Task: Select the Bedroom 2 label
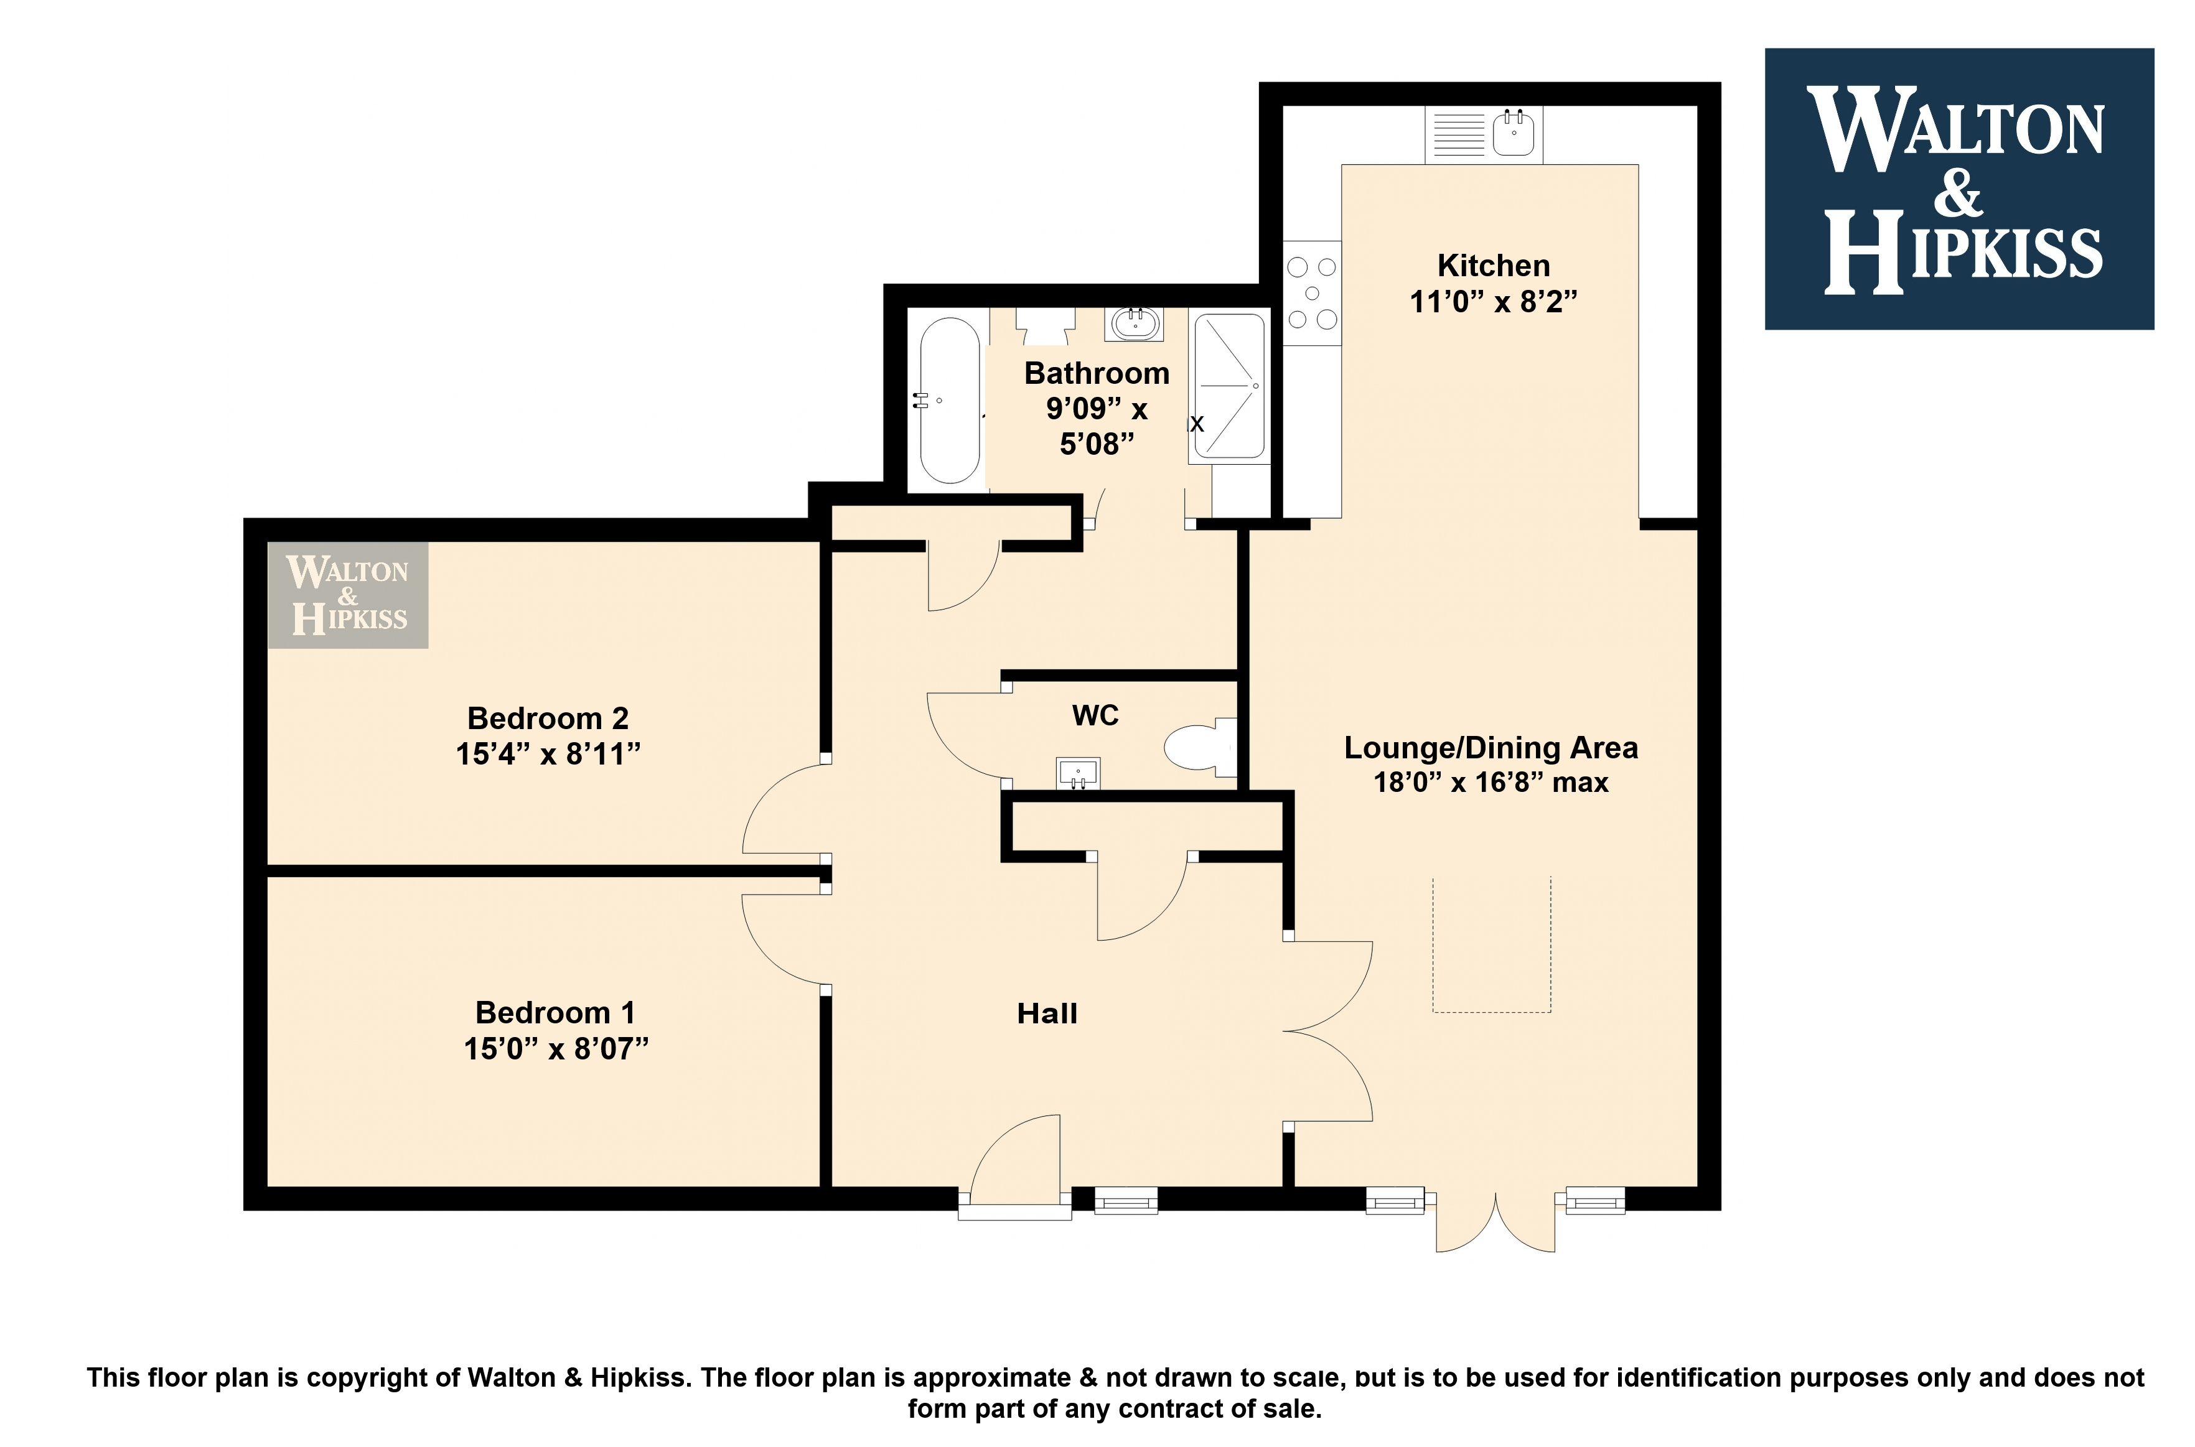(548, 718)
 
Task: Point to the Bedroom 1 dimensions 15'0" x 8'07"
(556, 1049)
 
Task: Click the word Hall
(1047, 1014)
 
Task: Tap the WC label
(1096, 715)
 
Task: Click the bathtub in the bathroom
(950, 401)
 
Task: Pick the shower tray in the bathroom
(1230, 387)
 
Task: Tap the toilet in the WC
(1200, 747)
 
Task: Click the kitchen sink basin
(1514, 131)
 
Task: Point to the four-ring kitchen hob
(1312, 294)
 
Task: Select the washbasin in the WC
(1078, 775)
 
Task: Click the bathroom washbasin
(1135, 323)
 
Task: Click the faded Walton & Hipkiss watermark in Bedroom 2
(348, 595)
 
